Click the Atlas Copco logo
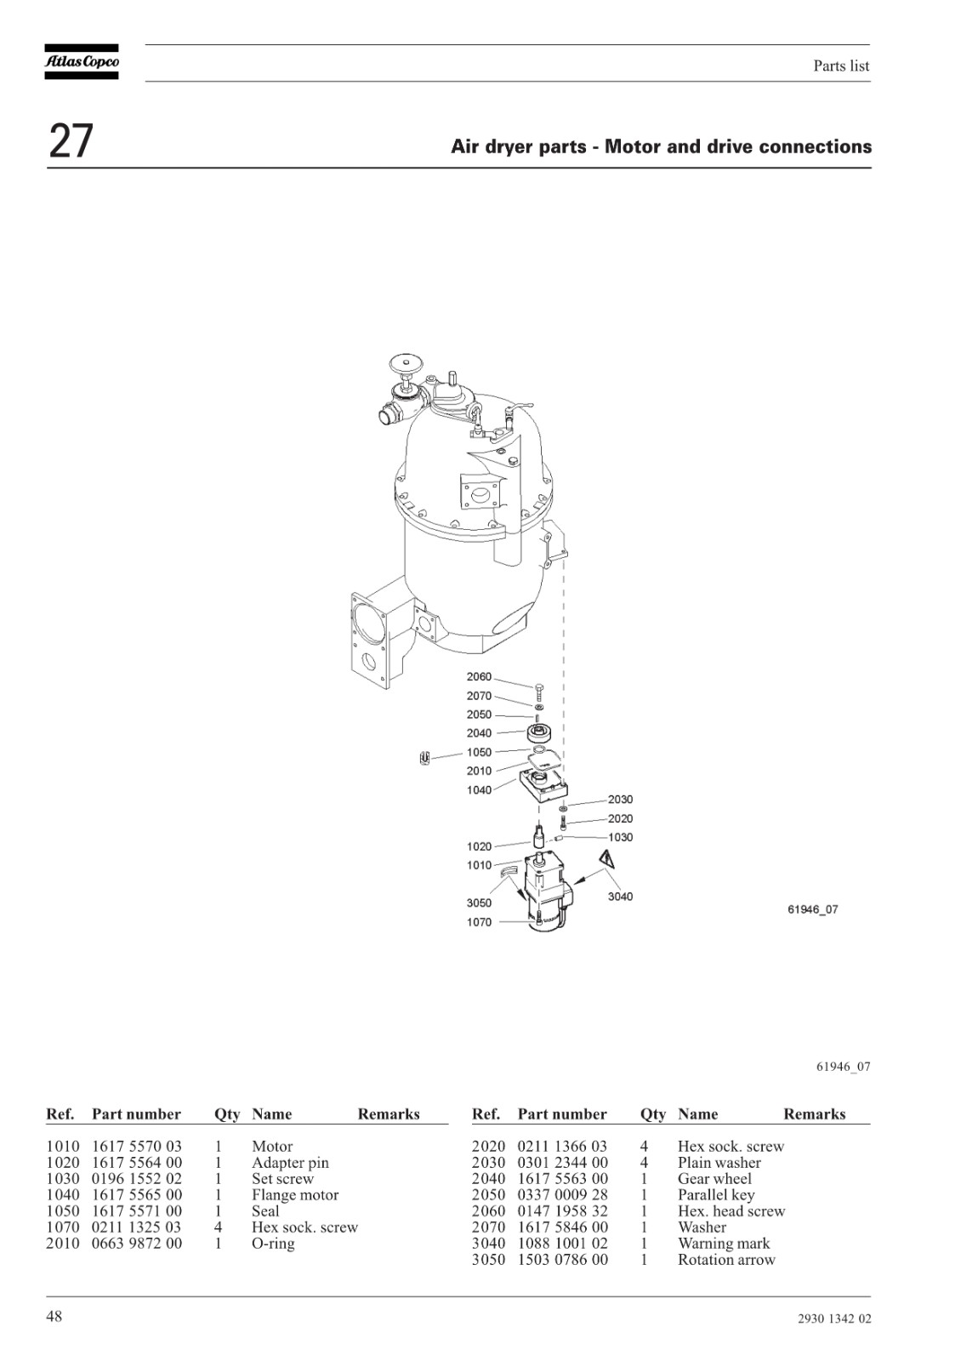(82, 61)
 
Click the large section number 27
(71, 141)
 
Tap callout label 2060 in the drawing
(479, 677)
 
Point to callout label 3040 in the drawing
(620, 897)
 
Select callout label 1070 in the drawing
(479, 922)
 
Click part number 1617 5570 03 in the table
(137, 1146)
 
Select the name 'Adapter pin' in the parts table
(290, 1162)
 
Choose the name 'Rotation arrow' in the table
(726, 1260)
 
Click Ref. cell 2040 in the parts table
(488, 1179)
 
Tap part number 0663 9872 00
(137, 1243)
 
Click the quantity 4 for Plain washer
(644, 1162)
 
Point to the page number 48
(54, 1316)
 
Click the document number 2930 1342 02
(834, 1318)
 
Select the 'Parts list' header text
(841, 65)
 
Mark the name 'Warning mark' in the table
(724, 1243)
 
